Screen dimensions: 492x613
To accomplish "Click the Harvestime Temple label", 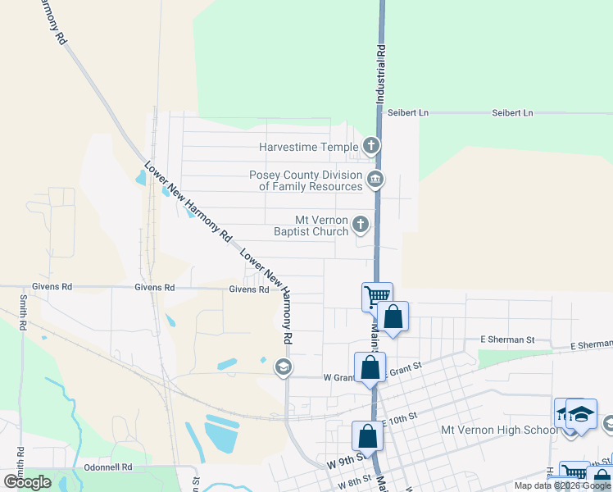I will coord(308,148).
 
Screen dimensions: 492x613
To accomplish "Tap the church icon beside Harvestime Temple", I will coord(371,148).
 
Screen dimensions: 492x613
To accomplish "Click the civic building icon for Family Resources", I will coord(375,179).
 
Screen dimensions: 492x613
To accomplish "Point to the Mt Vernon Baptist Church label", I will coord(322,225).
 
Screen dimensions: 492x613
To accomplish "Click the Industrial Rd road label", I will coord(381,73).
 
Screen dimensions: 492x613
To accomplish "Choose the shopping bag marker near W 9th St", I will coord(367,435).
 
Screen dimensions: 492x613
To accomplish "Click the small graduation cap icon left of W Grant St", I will coord(284,367).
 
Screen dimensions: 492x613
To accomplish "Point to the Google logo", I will coord(27,482).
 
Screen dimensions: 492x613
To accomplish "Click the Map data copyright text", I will coord(563,485).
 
